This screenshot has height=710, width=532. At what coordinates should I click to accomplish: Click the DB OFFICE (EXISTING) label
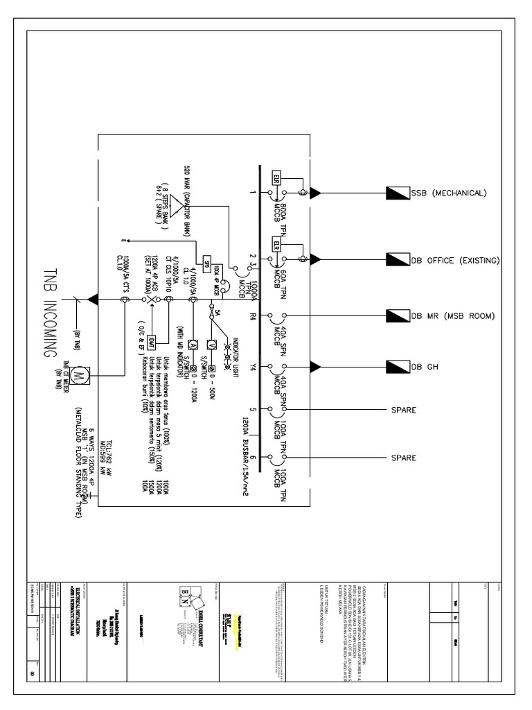pyautogui.click(x=455, y=259)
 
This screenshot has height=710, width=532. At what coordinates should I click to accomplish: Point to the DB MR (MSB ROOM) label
pyautogui.click(x=452, y=316)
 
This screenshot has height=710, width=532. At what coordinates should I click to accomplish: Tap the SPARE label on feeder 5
pyautogui.click(x=404, y=410)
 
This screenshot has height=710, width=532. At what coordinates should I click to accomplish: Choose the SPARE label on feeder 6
pyautogui.click(x=404, y=458)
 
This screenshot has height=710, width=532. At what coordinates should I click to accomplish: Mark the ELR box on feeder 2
pyautogui.click(x=276, y=246)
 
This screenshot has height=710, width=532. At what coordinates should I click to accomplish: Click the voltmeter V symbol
pyautogui.click(x=214, y=345)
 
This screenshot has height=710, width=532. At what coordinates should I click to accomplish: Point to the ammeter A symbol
pyautogui.click(x=194, y=345)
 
